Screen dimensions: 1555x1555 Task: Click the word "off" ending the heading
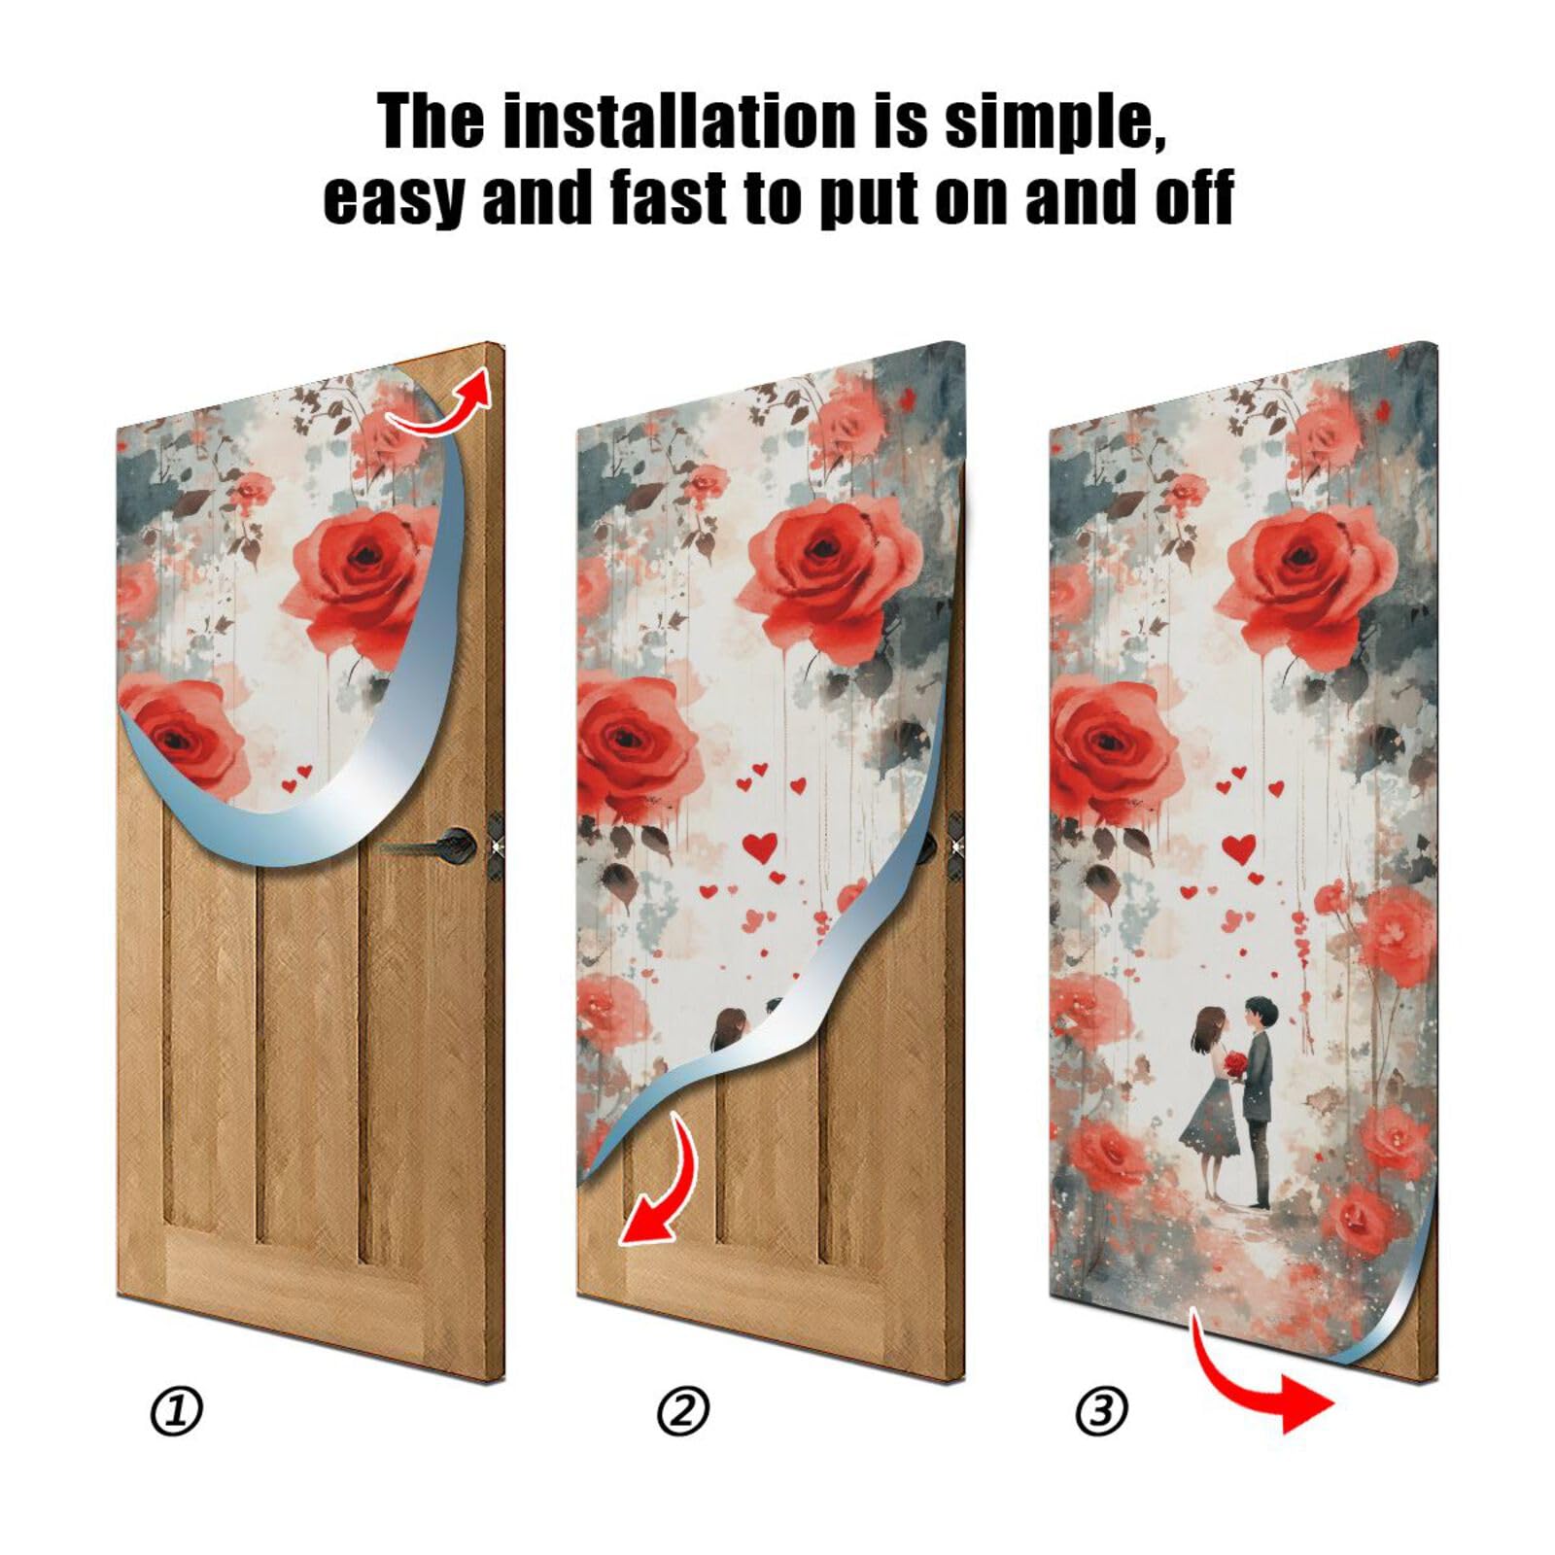(1193, 197)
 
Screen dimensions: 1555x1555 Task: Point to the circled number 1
(176, 1410)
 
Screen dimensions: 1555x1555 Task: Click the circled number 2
(683, 1410)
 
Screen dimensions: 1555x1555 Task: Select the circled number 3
(1101, 1410)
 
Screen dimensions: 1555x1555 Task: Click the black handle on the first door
(449, 843)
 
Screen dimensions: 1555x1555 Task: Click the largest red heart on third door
(1238, 847)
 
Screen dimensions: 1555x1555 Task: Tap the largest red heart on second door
(760, 845)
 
